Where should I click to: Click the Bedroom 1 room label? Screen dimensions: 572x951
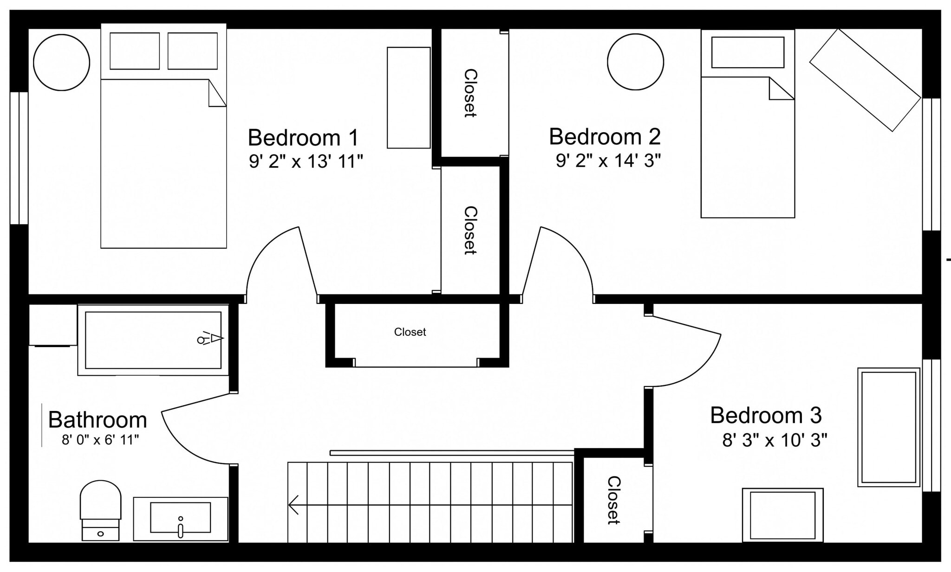tap(303, 138)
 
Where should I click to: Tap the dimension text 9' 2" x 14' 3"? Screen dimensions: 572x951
tap(608, 161)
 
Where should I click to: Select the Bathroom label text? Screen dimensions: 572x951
tap(98, 420)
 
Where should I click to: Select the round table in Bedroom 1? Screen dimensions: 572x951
tap(61, 62)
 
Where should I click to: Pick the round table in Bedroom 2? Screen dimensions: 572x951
tap(635, 62)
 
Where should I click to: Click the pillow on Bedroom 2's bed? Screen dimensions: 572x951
tap(748, 52)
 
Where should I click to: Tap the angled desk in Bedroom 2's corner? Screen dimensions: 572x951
tap(865, 80)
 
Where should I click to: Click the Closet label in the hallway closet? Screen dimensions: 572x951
tap(410, 332)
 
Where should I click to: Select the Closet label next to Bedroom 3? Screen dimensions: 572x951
tap(613, 500)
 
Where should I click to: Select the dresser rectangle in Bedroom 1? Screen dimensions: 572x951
tap(409, 97)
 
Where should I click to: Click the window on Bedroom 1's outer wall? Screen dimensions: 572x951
tap(19, 158)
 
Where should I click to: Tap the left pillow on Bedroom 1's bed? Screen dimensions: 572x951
tap(135, 51)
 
